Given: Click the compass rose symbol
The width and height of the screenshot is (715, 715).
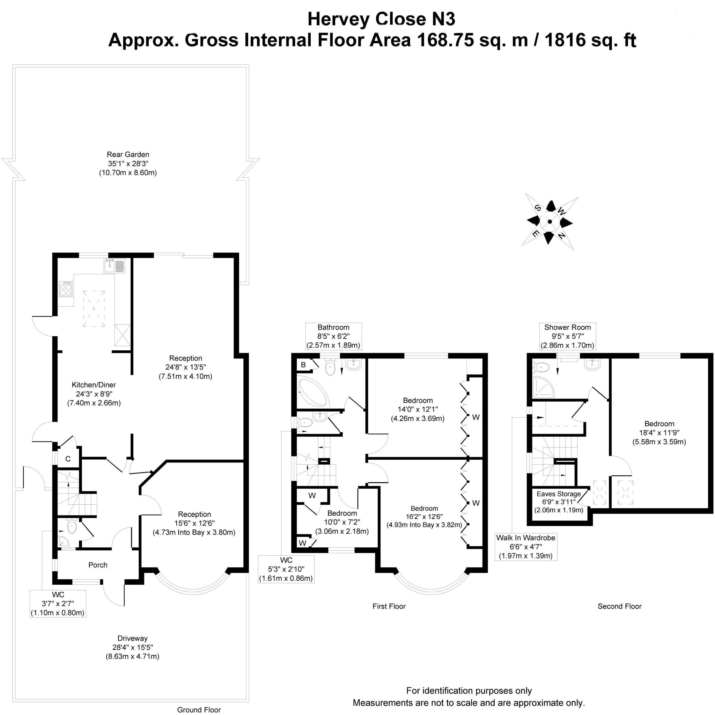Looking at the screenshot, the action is click(550, 222).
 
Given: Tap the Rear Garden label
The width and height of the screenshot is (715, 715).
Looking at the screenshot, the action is click(128, 154).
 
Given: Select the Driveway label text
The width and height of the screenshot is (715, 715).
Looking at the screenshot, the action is click(132, 638).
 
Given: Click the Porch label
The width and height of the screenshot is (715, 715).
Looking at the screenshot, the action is click(98, 565).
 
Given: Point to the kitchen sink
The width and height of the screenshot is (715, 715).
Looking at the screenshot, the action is click(115, 266).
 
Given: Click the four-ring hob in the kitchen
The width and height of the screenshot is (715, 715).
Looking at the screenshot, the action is click(66, 289).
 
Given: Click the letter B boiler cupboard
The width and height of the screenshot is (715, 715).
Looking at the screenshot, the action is click(303, 365).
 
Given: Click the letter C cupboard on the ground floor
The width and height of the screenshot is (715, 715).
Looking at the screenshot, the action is click(68, 459).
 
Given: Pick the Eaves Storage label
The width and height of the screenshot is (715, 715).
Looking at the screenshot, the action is click(559, 494).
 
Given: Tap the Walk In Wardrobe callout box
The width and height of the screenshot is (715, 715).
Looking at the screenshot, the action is click(526, 547).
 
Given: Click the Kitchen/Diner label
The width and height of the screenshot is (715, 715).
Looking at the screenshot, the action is click(94, 385).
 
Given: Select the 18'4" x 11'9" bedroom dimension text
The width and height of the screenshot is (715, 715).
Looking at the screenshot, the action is click(659, 432).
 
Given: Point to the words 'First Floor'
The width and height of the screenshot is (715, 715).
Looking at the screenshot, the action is click(389, 606).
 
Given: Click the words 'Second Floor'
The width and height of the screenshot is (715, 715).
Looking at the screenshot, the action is click(620, 606).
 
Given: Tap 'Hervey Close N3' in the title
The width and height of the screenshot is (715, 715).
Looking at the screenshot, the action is click(381, 19).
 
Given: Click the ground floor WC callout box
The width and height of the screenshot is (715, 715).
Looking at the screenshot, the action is click(58, 604).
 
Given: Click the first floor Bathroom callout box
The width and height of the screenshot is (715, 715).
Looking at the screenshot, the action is click(333, 336).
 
